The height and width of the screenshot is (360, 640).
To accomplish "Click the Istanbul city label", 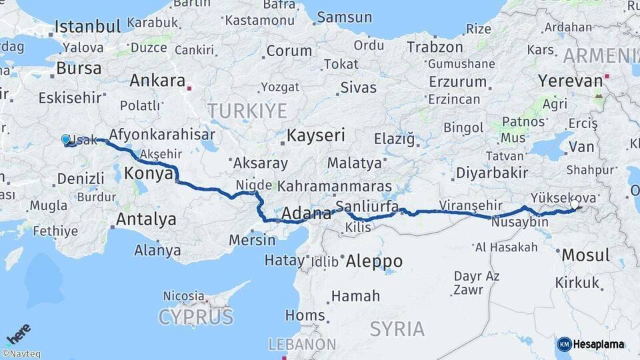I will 87,27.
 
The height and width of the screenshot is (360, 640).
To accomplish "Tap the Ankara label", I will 157,81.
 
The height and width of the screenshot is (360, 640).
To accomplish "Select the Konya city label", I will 143,173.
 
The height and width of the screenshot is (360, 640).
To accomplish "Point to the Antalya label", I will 146,219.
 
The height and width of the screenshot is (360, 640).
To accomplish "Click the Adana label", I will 307,214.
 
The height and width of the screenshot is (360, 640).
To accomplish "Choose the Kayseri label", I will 316,136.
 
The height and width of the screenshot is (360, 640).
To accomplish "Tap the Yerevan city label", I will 570,81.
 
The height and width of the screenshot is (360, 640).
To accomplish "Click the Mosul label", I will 585,255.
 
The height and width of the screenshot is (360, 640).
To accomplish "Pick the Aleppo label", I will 374,261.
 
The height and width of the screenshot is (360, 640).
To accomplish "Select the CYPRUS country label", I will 195,316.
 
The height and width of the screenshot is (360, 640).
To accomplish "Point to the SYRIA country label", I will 397,329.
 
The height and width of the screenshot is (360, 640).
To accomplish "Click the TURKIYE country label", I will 247,110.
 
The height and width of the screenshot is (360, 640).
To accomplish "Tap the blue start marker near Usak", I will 65,139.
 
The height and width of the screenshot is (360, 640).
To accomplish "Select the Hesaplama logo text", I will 599,345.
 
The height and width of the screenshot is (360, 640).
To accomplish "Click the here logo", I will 19,333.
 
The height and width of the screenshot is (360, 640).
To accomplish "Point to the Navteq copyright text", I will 21,354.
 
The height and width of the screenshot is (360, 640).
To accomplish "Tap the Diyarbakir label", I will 492,173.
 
